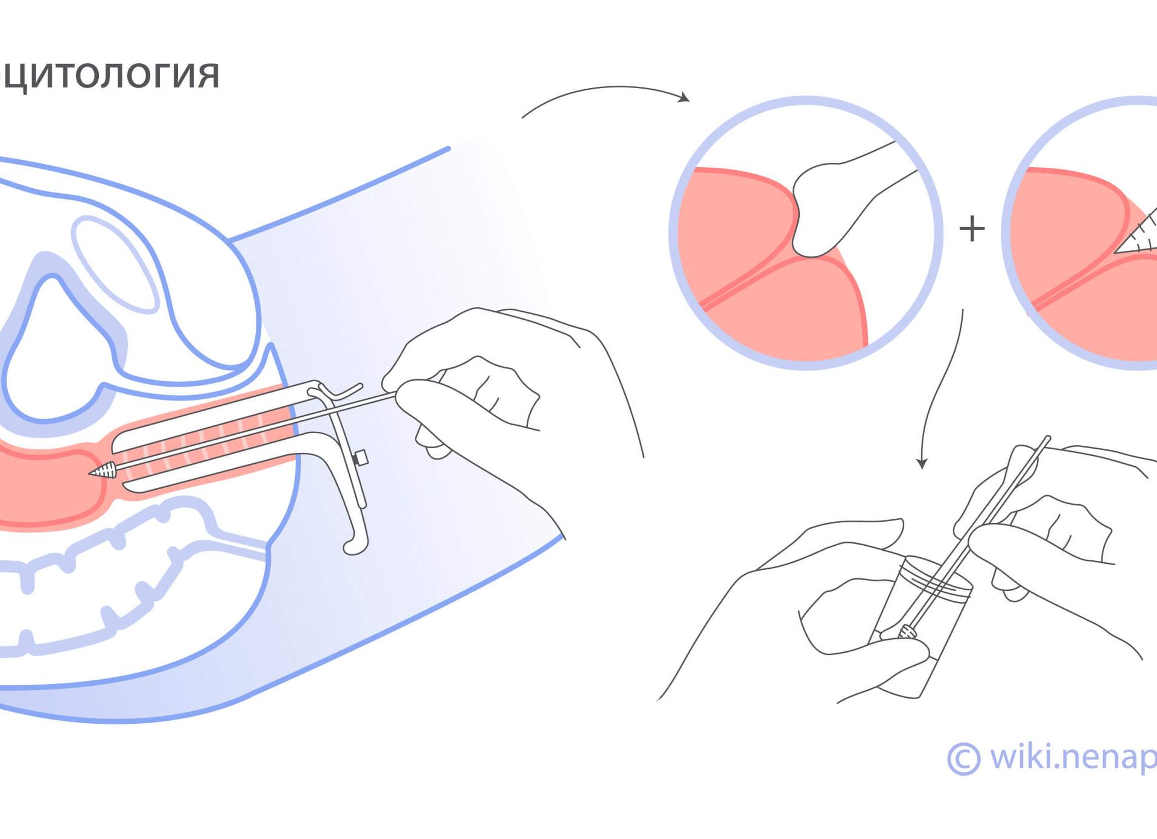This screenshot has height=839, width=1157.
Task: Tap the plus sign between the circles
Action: pyautogui.click(x=971, y=229)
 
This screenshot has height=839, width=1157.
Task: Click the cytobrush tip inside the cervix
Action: pyautogui.click(x=104, y=470)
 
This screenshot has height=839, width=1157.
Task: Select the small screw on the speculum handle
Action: pyautogui.click(x=361, y=458)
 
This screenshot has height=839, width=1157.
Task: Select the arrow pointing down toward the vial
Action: pyautogui.click(x=941, y=392)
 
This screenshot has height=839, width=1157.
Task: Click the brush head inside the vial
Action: pyautogui.click(x=907, y=632)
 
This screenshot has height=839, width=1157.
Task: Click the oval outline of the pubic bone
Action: pyautogui.click(x=115, y=265)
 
